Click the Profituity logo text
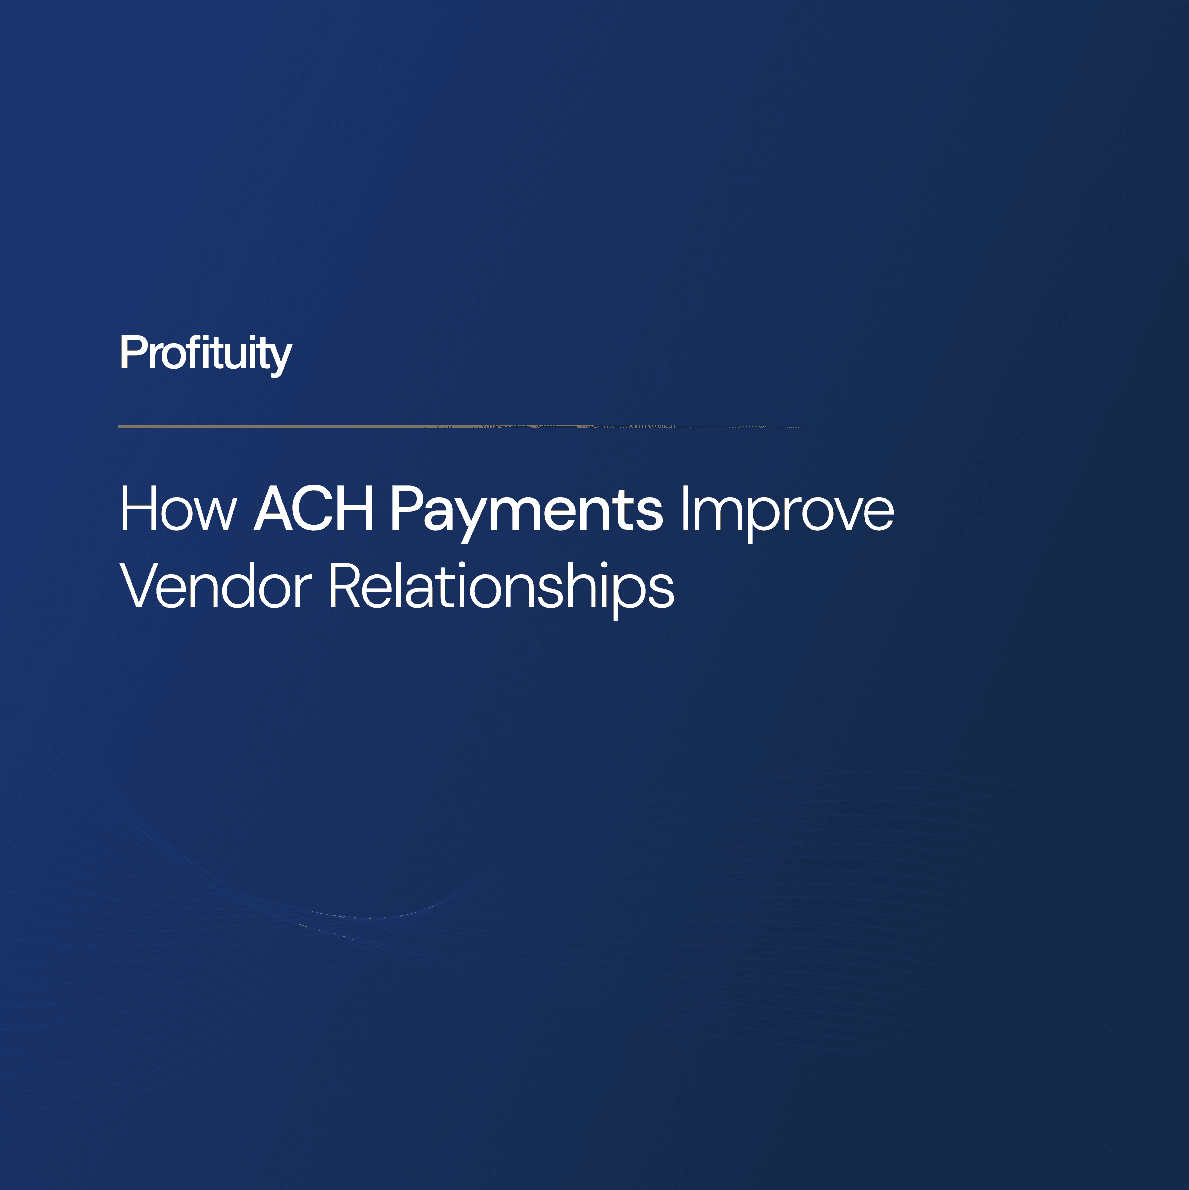click(x=206, y=353)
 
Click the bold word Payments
click(x=527, y=510)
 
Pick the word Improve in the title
click(x=787, y=510)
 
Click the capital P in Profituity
click(x=131, y=353)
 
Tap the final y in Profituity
click(x=281, y=357)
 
